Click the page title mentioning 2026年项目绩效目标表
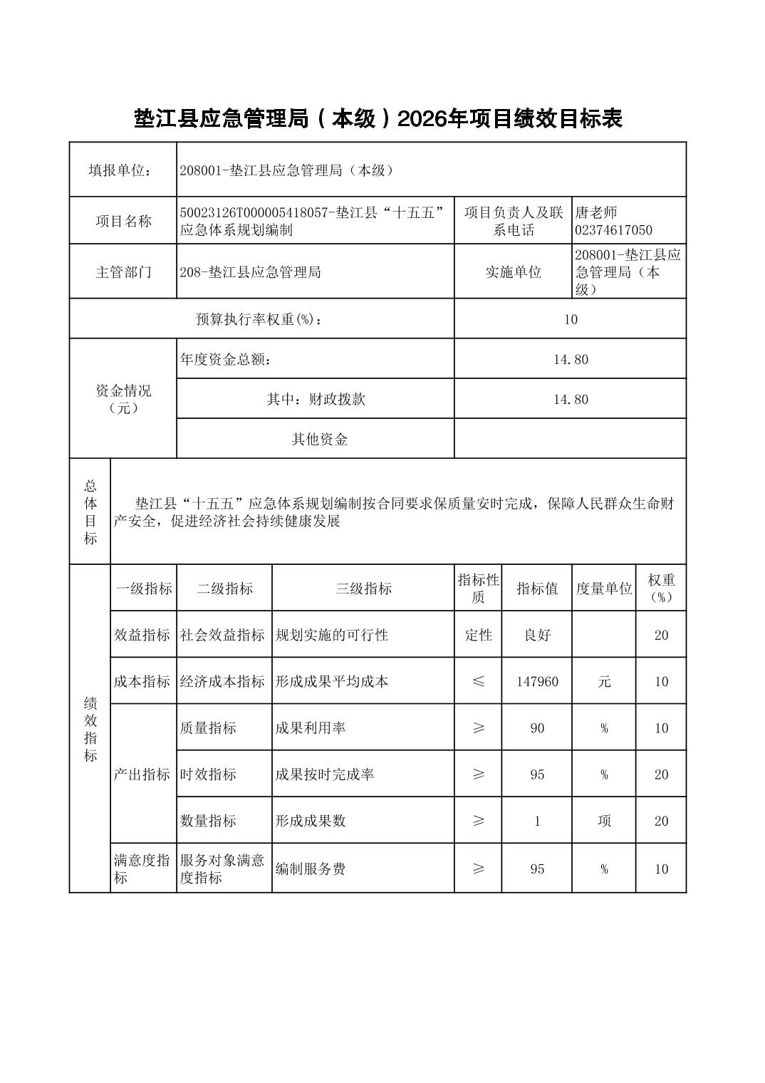(x=378, y=119)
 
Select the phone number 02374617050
(x=613, y=230)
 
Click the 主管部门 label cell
(x=123, y=272)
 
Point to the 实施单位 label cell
(x=513, y=272)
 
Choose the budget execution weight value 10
(x=570, y=319)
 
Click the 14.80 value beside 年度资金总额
(x=571, y=359)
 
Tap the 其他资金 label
(x=320, y=439)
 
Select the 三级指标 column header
(x=363, y=589)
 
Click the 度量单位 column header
(x=604, y=589)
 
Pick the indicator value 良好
(x=537, y=635)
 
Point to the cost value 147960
(x=537, y=682)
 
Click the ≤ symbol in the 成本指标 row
(x=478, y=682)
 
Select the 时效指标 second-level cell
(x=208, y=774)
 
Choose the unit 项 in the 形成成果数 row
(x=604, y=821)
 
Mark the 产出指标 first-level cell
(x=142, y=774)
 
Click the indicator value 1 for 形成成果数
(x=537, y=821)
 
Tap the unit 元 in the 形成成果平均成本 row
(x=604, y=682)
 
